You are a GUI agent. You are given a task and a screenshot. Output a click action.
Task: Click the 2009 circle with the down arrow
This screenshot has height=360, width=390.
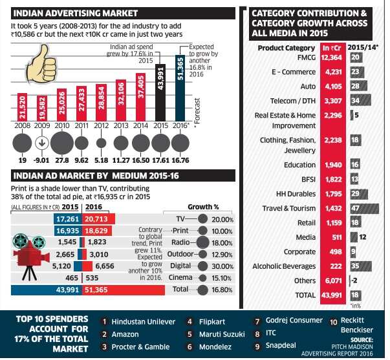[42, 142]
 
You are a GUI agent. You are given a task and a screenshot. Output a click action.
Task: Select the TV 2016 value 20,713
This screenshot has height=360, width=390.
[101, 220]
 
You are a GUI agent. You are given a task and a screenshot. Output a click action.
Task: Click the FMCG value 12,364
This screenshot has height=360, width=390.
[334, 58]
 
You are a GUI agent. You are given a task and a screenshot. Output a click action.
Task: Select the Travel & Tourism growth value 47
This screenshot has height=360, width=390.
[355, 209]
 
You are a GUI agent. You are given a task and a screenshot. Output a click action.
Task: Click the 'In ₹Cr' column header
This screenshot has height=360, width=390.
[334, 47]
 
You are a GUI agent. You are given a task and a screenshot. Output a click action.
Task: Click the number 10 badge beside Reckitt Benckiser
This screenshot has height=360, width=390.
[332, 321]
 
